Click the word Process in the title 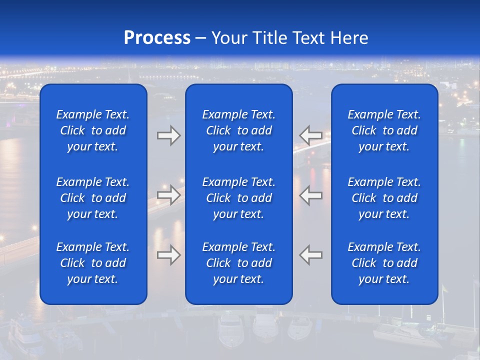tap(157, 38)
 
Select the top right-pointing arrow tap(168, 135)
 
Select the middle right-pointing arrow tap(168, 195)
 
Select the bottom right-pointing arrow tap(168, 255)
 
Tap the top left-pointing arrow tap(311, 135)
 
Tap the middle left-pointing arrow tap(311, 195)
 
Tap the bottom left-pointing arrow tap(311, 255)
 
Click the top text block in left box tap(93, 130)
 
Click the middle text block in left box tap(93, 198)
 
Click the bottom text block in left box tap(93, 263)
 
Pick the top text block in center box tap(238, 130)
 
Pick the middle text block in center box tap(238, 198)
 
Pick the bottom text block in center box tap(238, 263)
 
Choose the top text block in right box tap(384, 130)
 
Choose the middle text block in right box tap(384, 198)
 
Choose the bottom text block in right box tap(384, 263)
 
